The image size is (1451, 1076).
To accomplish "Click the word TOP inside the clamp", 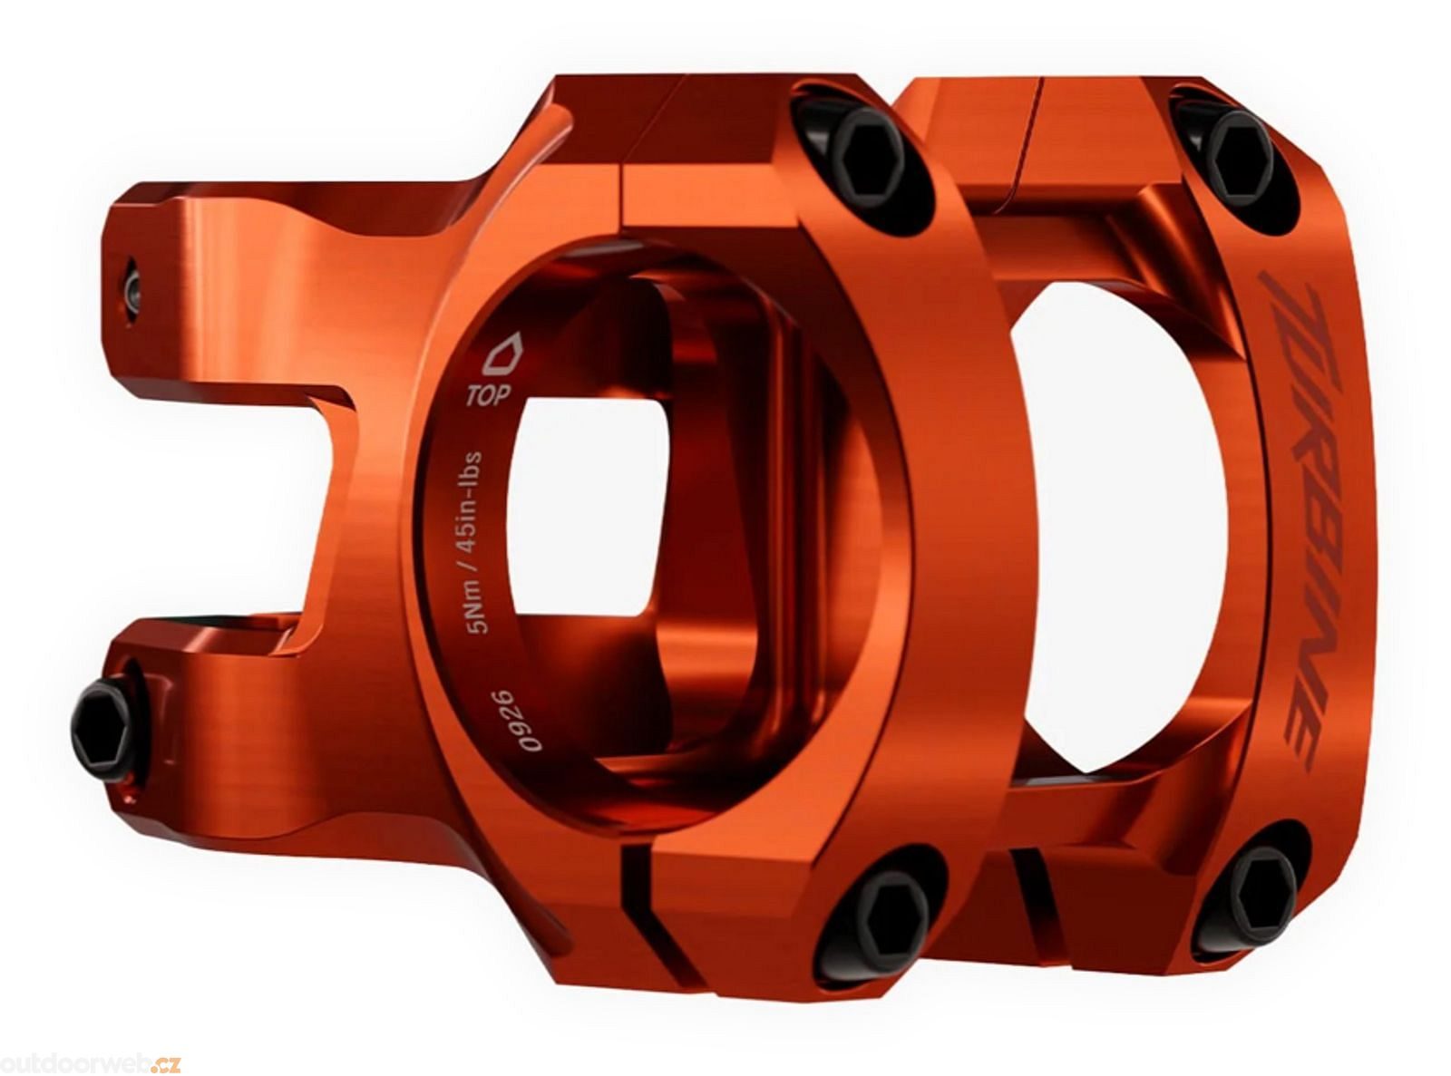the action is pos(487,396).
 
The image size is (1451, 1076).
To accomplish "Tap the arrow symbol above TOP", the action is pos(504,354).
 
